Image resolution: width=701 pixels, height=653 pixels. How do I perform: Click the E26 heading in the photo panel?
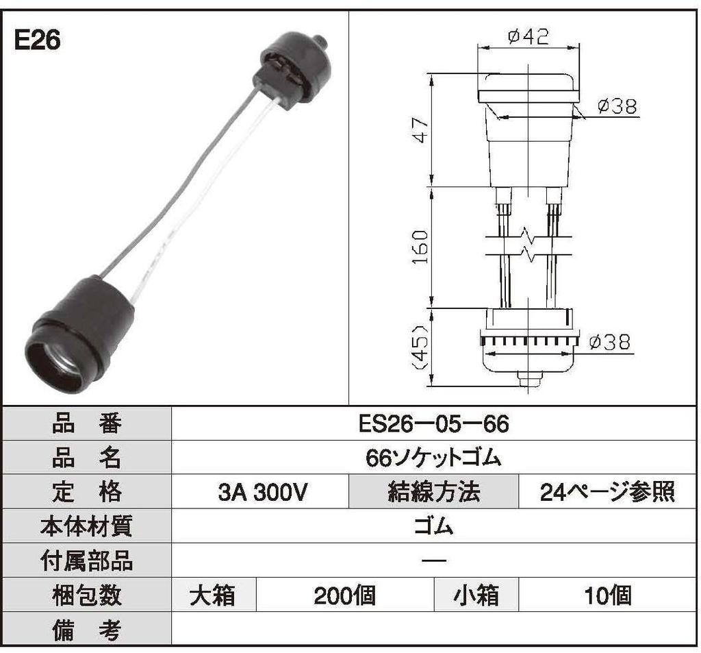point(38,40)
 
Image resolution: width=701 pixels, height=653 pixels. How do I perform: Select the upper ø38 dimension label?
point(616,106)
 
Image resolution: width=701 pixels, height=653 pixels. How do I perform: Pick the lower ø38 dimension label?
point(609,342)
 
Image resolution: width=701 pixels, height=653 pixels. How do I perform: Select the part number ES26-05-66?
point(434,424)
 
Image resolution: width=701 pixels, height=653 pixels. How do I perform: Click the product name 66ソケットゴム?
point(434,458)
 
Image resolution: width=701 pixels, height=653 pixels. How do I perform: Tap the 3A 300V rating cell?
point(260,492)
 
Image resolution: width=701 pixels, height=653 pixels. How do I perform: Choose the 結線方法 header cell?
point(434,492)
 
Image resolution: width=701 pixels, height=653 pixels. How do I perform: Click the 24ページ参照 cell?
point(607,492)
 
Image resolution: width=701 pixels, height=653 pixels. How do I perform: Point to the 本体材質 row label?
point(86,526)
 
